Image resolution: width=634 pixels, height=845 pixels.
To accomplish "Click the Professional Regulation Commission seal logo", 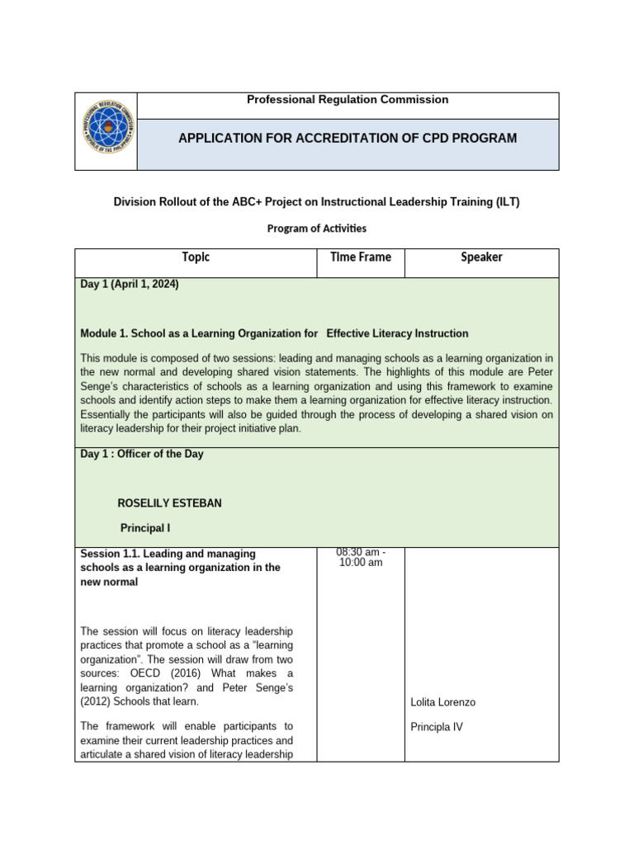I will [106, 131].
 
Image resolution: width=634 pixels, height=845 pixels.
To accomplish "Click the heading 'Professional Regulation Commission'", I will [348, 100].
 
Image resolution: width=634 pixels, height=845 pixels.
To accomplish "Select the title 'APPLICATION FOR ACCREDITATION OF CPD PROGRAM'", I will [348, 139].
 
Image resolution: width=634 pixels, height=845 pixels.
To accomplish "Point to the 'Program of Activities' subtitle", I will [316, 228].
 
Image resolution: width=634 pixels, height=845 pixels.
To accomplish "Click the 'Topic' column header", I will [196, 257].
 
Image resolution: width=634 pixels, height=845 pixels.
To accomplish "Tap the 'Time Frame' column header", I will [361, 257].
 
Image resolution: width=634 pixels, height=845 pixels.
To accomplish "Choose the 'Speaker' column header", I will [481, 257].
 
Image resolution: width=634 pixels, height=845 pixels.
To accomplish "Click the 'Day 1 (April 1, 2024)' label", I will [130, 285].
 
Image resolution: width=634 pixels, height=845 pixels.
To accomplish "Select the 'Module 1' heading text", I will [274, 333].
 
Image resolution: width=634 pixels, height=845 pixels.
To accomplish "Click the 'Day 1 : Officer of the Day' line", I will [142, 454].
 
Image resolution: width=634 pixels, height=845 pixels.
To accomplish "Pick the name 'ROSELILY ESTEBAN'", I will [170, 503].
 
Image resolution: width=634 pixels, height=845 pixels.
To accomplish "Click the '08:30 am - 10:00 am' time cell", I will [361, 557].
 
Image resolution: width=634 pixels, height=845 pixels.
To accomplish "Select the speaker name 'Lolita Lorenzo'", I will [442, 702].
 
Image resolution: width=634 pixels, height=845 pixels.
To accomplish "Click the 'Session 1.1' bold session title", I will [180, 568].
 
